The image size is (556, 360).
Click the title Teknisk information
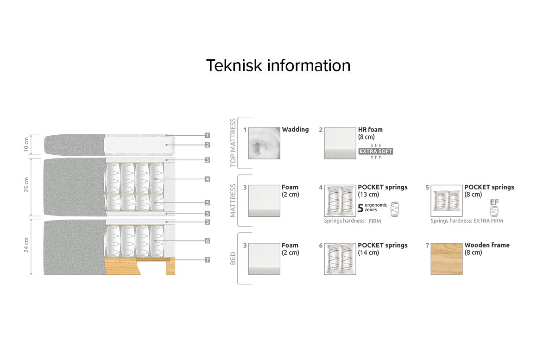pos(278,65)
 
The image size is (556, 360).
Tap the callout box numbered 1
pos(207,135)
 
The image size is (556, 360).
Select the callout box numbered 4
pos(207,179)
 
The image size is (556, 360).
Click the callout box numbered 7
pos(207,260)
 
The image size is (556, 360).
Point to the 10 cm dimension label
pos(26,145)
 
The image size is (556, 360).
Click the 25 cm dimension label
pos(26,184)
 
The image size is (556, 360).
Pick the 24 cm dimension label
pos(26,245)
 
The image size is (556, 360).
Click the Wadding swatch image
pos(265,143)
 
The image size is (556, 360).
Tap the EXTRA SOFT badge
pos(376,151)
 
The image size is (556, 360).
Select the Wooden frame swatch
pos(447,259)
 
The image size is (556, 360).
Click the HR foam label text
pos(370,130)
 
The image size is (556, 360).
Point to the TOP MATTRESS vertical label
pos(233,143)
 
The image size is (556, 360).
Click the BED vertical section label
pos(233,259)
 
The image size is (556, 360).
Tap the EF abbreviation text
pos(494,202)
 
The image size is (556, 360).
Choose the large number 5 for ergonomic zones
pos(360,208)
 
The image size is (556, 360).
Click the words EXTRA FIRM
pos(488,221)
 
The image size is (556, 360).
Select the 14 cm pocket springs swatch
pos(340,259)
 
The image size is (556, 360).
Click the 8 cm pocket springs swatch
pos(447,201)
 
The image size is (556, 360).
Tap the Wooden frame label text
pos(487,245)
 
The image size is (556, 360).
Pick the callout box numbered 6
pos(207,241)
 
